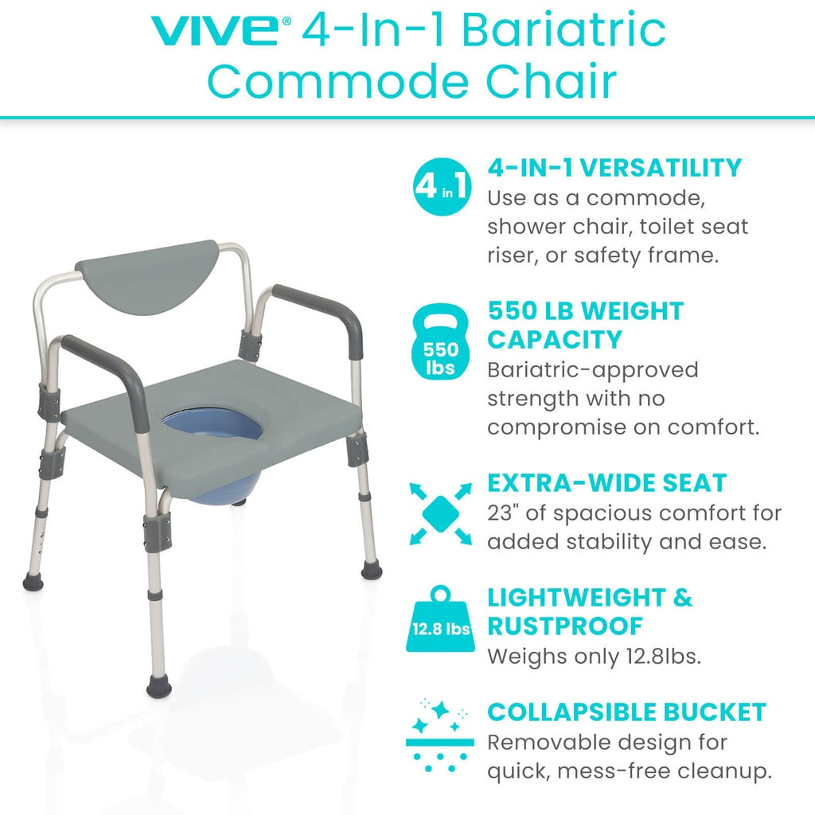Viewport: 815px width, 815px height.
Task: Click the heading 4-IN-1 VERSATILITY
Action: tap(614, 168)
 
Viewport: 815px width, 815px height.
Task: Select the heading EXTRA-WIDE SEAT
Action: tap(607, 483)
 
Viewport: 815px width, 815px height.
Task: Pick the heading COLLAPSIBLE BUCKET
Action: tap(626, 712)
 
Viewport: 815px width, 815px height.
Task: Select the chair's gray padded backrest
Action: tap(147, 275)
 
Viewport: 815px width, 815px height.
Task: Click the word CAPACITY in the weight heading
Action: tap(554, 340)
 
